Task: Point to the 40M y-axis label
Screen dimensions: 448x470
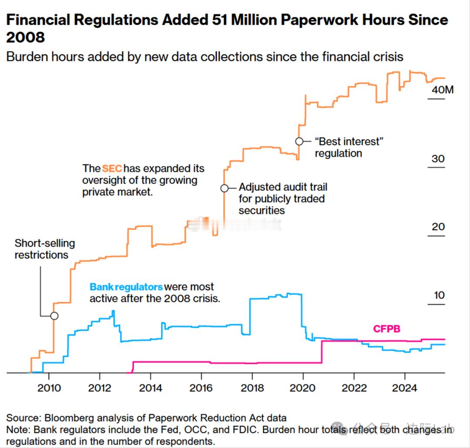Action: (442, 90)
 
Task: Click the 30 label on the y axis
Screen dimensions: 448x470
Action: (438, 158)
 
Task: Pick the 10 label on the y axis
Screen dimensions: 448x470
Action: (439, 295)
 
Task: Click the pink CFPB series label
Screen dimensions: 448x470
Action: (386, 329)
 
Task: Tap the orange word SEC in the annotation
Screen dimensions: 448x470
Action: (112, 168)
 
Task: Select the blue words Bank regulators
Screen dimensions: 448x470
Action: (126, 287)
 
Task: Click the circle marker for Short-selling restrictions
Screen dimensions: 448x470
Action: (54, 316)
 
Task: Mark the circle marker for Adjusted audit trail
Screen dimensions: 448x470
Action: (224, 189)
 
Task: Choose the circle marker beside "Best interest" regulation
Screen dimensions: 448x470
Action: (299, 141)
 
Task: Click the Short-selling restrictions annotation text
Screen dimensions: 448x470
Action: (44, 249)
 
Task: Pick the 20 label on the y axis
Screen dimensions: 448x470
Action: (438, 227)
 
